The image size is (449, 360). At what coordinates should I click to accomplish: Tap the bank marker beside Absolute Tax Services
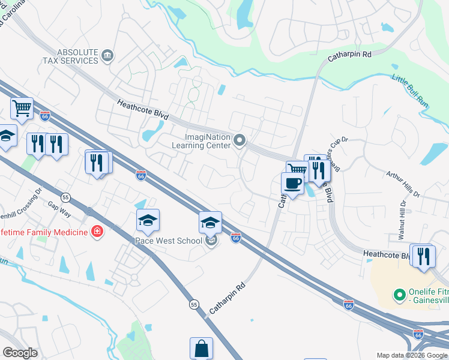click(x=107, y=56)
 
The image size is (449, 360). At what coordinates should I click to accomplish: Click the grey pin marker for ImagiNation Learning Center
click(x=240, y=141)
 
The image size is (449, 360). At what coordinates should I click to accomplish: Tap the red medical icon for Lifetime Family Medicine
click(x=97, y=231)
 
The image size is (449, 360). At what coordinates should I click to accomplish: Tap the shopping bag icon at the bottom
click(x=201, y=348)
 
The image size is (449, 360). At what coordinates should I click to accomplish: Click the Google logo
click(x=20, y=352)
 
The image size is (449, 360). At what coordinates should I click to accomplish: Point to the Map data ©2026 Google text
click(x=412, y=355)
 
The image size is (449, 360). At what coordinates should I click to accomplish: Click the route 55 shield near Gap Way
click(x=65, y=197)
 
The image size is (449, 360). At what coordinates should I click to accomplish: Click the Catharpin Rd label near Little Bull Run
click(x=350, y=58)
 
